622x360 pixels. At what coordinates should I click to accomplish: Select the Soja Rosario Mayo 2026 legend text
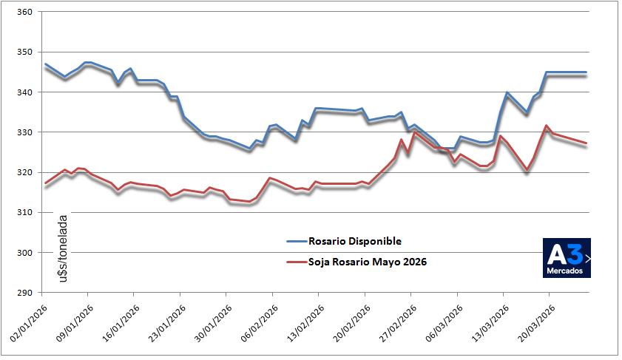click(x=368, y=262)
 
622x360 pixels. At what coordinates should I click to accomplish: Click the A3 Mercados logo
click(x=567, y=258)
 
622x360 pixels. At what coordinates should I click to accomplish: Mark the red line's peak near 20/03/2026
click(x=546, y=126)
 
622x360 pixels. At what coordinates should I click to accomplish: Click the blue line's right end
click(x=586, y=72)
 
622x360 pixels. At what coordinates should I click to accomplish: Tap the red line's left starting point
click(x=45, y=183)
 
